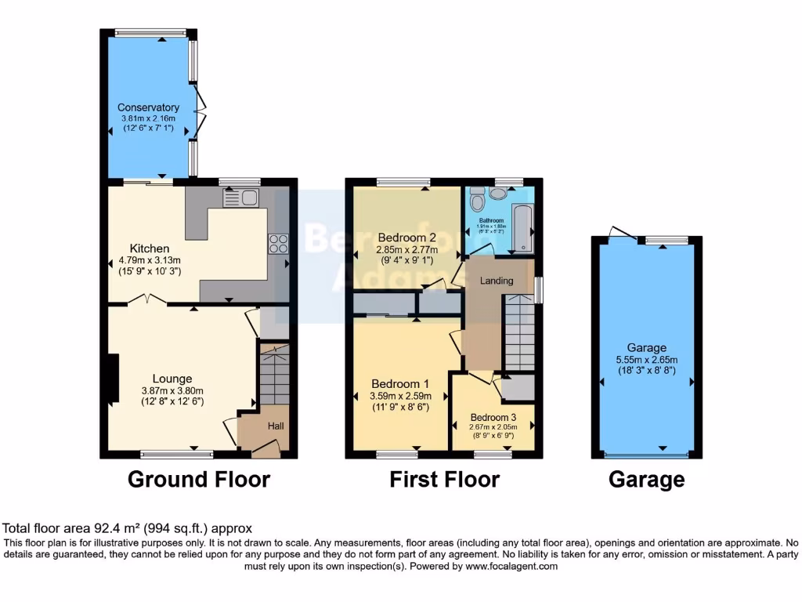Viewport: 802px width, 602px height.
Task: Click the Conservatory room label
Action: [148, 107]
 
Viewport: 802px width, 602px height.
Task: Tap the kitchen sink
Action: [240, 198]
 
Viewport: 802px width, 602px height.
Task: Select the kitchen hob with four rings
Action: [277, 244]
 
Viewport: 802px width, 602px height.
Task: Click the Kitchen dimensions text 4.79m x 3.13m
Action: [149, 260]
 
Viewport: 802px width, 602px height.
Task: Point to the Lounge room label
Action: [172, 379]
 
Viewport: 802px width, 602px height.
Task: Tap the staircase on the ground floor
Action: [274, 375]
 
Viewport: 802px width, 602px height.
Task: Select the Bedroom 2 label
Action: [406, 238]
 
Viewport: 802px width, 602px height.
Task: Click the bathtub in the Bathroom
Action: [520, 228]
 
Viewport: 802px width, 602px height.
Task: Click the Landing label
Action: [497, 281]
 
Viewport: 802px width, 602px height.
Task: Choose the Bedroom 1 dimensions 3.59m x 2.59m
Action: [400, 396]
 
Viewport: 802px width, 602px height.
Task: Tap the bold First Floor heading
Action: [444, 479]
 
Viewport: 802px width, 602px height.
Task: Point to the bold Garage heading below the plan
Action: [646, 479]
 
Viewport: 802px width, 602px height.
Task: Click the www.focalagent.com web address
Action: [511, 566]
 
